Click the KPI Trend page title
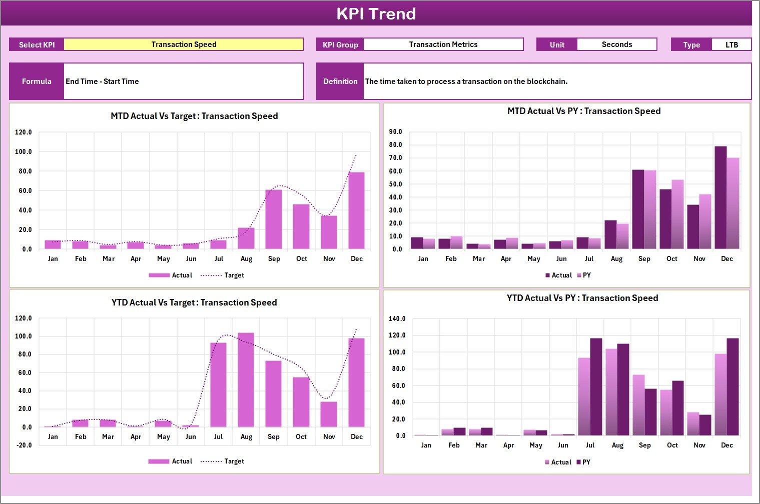[376, 13]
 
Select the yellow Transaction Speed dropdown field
[184, 44]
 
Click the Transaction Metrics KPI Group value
[443, 44]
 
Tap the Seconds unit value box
[616, 44]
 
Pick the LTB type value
[731, 45]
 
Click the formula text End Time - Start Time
[103, 81]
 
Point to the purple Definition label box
[340, 81]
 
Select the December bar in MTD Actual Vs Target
[357, 210]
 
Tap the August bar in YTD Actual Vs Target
[246, 379]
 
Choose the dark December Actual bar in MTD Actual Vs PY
[720, 197]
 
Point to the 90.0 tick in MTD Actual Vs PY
[395, 132]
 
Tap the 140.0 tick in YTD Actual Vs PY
[397, 319]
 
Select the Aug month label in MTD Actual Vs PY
[616, 259]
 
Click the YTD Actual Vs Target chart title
[194, 302]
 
